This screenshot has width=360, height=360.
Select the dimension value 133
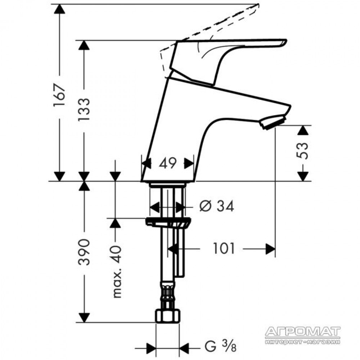[x=84, y=110]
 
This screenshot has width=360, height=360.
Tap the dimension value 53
[x=302, y=151]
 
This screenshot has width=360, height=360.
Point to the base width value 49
[x=168, y=163]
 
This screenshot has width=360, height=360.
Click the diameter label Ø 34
[x=217, y=206]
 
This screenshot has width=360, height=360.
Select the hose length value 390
[x=84, y=252]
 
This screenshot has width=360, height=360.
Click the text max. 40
[x=117, y=271]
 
